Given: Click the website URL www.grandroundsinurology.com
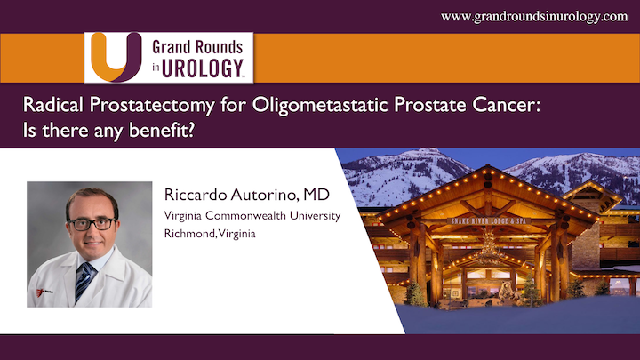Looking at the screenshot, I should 533,16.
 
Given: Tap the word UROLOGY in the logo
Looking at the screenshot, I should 195,68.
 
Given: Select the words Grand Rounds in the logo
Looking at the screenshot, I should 198,45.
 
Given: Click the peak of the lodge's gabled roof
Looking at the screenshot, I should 486,169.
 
